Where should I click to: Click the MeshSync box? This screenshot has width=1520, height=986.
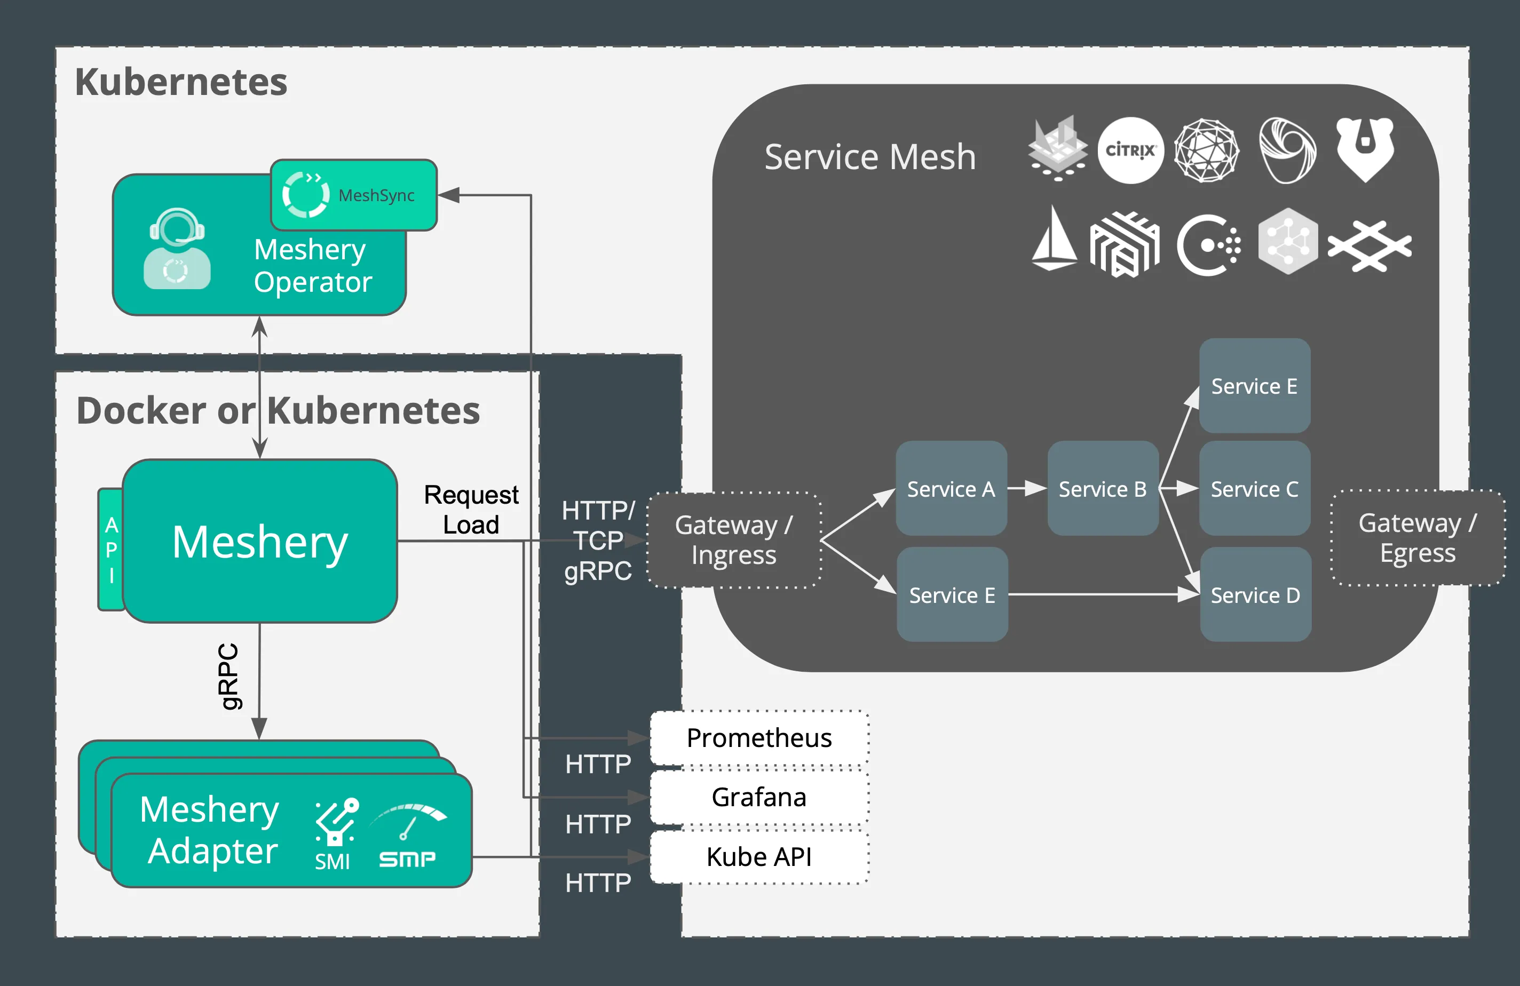coord(354,195)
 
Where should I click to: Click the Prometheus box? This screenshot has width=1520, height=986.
coord(759,738)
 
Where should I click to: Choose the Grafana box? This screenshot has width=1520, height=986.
coord(759,797)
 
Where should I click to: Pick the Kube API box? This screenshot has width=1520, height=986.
coord(759,856)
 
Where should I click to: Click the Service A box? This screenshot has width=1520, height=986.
coord(951,489)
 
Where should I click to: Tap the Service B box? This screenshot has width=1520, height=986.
coord(1102,489)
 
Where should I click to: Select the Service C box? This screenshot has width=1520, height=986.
coord(1254,489)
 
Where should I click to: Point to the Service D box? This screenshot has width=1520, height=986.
coord(1255,594)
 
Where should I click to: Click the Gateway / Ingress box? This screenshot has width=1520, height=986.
coord(734,540)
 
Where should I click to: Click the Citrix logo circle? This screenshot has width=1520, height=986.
coord(1130,150)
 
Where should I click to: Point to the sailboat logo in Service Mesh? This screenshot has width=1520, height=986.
coord(1054,239)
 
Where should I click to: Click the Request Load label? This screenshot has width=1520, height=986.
coord(471,510)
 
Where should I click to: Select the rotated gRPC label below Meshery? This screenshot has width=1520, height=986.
coord(228,677)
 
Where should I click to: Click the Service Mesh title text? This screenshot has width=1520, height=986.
coord(870,157)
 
